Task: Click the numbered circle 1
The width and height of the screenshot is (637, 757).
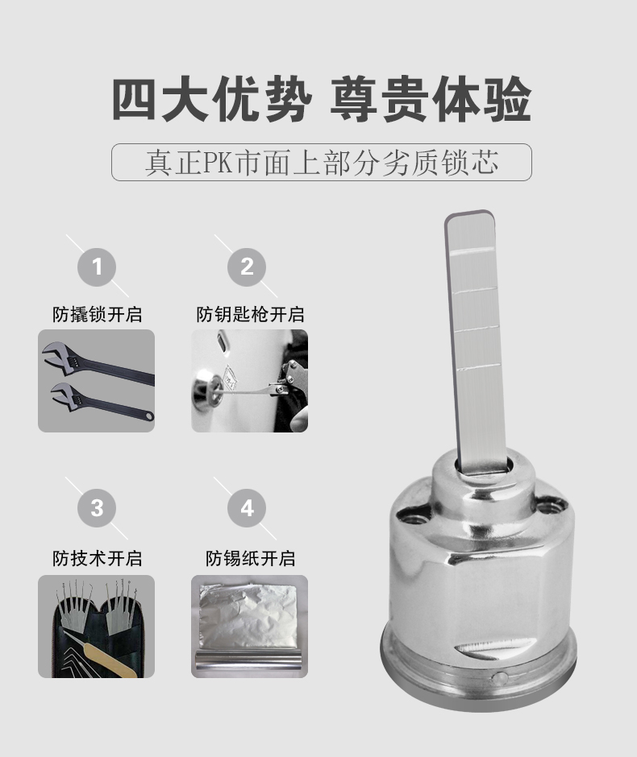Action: [x=97, y=267]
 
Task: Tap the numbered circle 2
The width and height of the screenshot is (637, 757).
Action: [x=247, y=267]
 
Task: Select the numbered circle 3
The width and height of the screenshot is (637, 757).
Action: [x=97, y=508]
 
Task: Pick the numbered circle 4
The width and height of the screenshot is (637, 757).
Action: [x=247, y=508]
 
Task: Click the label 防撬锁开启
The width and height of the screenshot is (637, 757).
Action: [x=97, y=314]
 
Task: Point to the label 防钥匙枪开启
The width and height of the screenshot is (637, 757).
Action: [x=250, y=314]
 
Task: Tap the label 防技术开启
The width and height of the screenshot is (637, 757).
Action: [x=97, y=558]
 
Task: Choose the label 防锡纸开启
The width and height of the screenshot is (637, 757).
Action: [x=250, y=558]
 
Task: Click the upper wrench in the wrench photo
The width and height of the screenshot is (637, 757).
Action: [x=97, y=362]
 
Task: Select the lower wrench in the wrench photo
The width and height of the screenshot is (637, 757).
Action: [x=102, y=402]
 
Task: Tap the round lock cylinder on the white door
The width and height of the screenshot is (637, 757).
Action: [x=207, y=389]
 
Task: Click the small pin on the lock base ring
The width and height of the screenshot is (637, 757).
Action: [x=498, y=676]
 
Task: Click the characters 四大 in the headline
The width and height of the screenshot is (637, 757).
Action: [x=160, y=100]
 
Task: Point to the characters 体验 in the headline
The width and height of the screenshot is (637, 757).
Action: [x=482, y=100]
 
